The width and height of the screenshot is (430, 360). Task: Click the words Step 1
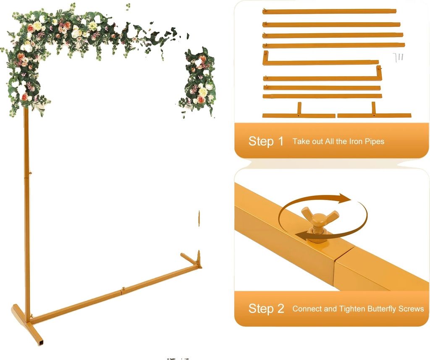tap(266, 141)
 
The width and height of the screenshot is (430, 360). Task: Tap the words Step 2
tap(266, 309)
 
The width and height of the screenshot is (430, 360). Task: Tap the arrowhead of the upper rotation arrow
tap(345, 198)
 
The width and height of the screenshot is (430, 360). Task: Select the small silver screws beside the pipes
tap(398, 57)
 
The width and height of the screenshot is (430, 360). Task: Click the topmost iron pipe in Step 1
tap(329, 11)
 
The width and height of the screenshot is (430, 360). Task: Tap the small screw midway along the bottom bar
tap(123, 289)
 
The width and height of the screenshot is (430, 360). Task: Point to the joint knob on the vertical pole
tap(30, 173)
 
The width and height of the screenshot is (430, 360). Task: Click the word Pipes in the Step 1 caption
tap(374, 142)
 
